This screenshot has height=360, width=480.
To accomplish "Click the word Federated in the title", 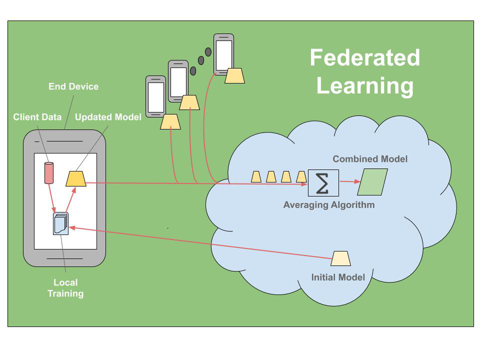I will [364, 57].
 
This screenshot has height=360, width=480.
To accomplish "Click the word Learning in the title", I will [364, 85].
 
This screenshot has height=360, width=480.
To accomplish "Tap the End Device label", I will [73, 86].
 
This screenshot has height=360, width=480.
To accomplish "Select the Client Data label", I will [37, 117].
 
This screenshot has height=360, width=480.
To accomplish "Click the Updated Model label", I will [108, 117].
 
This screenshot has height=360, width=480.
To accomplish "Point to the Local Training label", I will [65, 288].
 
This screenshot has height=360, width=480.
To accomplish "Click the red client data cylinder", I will [49, 173].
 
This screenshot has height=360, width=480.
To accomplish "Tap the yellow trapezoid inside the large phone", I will [76, 178].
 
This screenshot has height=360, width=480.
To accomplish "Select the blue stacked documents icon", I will [60, 224].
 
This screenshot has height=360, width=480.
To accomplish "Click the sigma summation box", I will [323, 184].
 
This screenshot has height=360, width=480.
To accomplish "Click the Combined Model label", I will [370, 159].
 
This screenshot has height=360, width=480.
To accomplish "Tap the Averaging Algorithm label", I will [328, 204].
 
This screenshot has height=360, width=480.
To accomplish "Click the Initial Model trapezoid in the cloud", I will [341, 258].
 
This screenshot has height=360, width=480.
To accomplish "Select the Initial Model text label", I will [338, 277].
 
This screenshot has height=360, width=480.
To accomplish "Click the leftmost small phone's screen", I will [155, 96].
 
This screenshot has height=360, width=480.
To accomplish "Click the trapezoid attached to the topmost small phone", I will [234, 75].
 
